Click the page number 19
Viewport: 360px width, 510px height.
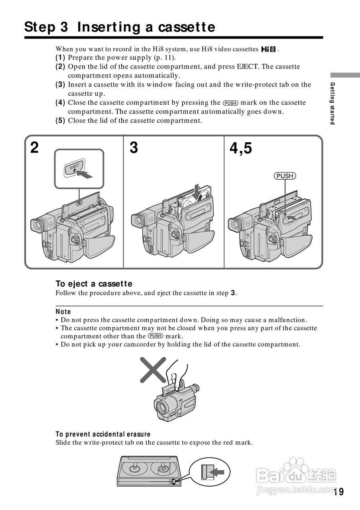tap(338, 492)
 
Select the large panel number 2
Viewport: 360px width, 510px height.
tap(35, 148)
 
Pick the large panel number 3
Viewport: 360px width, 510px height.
tap(134, 148)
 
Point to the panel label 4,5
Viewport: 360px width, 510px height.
tap(240, 149)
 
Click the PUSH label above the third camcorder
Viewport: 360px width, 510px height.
tap(285, 176)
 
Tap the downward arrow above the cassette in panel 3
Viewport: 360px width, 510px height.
tap(196, 192)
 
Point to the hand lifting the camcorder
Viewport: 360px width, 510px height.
tap(175, 373)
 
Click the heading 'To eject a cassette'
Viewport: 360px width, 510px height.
tap(94, 284)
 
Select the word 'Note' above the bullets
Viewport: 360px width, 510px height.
tap(63, 312)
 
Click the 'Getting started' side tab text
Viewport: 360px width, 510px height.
tap(332, 103)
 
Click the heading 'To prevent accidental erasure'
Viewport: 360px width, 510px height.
tap(103, 434)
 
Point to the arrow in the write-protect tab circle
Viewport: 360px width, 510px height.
tap(217, 472)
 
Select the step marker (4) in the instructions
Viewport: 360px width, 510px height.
tap(60, 103)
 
